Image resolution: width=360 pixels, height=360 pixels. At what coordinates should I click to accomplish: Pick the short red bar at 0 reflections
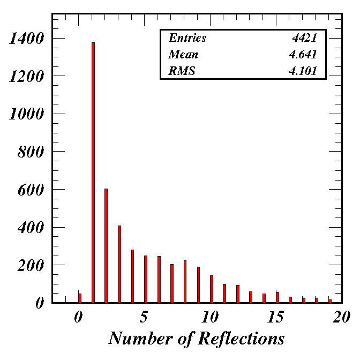[x=80, y=298]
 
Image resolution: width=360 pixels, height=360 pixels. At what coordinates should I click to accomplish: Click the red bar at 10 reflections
[x=212, y=289]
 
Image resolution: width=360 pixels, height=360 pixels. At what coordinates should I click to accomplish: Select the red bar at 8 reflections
[x=185, y=282]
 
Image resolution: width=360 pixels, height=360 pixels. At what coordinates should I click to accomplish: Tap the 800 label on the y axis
[x=31, y=152]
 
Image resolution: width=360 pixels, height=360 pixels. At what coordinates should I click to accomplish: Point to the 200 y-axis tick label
[x=31, y=265]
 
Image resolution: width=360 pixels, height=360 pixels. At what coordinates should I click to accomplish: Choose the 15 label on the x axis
[x=276, y=317]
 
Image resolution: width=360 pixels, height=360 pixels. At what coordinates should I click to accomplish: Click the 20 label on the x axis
[x=341, y=317]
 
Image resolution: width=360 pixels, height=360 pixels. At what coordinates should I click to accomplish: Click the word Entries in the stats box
[x=187, y=38]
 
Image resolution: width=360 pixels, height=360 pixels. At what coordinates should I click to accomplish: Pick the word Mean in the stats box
[x=183, y=55]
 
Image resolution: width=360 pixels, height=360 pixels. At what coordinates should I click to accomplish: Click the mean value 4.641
[x=303, y=55]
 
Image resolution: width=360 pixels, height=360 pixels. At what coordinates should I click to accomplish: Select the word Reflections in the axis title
[x=241, y=339]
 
